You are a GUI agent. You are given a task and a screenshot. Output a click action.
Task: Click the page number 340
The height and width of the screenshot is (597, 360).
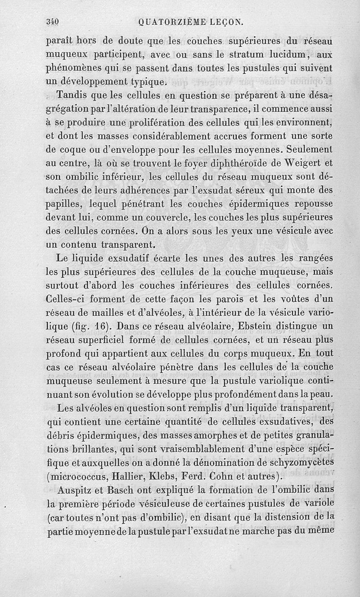54,21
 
